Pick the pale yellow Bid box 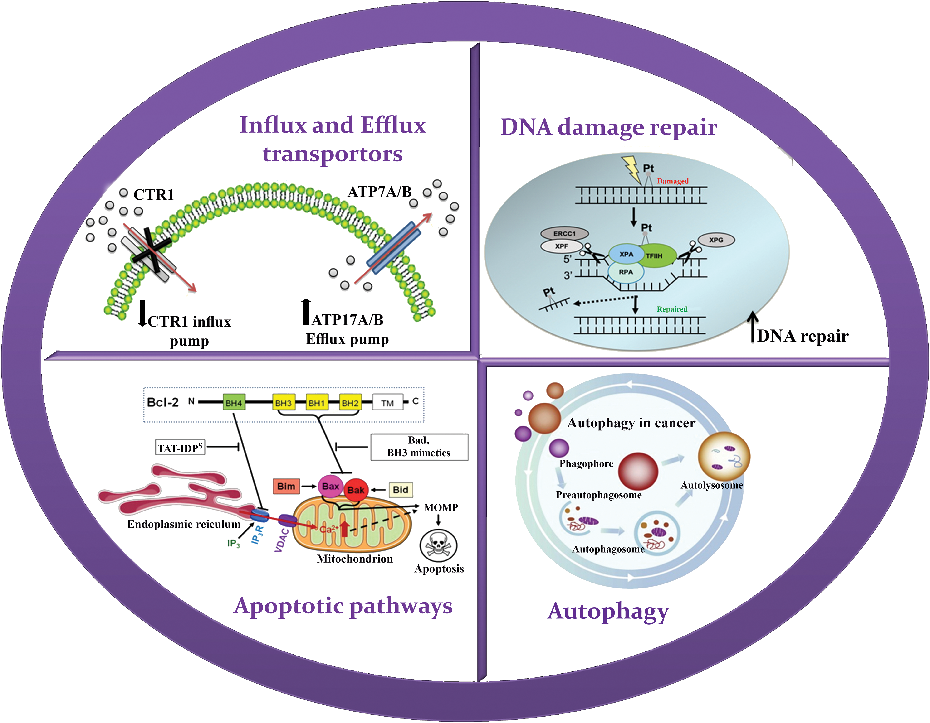tap(400, 490)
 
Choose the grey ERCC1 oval tap(564, 233)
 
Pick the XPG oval tap(716, 240)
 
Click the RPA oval tap(626, 272)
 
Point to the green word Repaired tap(672, 309)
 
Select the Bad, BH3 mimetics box tap(419, 447)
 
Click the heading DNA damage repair tap(608, 127)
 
